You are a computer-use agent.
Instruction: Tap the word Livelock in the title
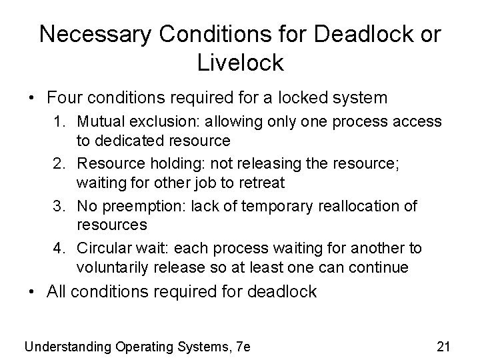pos(241,63)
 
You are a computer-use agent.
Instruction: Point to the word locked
pos(294,98)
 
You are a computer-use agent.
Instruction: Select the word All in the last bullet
pos(57,292)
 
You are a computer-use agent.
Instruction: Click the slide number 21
pos(443,346)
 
